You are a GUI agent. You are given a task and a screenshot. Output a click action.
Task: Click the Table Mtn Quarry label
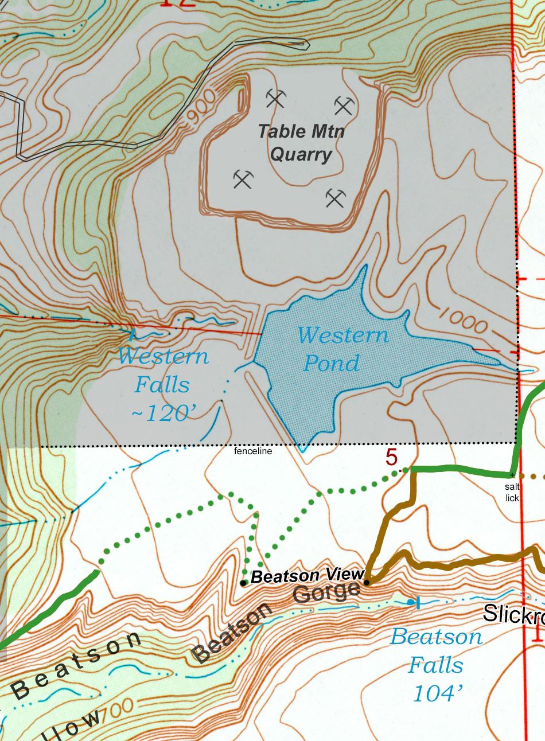[301, 143]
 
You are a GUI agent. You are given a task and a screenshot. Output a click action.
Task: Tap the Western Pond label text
[342, 349]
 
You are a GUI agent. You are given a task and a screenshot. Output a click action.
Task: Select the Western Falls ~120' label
[163, 384]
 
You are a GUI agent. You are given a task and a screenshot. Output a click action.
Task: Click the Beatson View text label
[307, 575]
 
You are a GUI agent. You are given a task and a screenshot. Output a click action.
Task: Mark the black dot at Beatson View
[244, 583]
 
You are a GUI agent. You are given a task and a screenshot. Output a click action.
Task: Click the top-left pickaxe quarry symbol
[275, 99]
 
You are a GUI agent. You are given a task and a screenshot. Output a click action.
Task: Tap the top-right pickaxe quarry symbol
[344, 106]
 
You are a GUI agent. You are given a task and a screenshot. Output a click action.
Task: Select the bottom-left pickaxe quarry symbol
[243, 180]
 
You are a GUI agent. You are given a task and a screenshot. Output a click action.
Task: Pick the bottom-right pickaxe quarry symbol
[336, 198]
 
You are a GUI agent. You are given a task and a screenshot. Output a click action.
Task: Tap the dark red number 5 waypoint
[391, 458]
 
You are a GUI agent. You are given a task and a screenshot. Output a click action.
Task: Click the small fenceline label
[253, 451]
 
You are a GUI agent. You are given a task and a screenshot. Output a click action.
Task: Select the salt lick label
[512, 492]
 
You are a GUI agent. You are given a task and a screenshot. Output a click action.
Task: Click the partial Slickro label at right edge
[513, 614]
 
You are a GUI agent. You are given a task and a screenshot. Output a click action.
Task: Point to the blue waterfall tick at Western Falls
[133, 332]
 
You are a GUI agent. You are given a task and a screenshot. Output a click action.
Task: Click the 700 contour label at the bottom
[119, 709]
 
